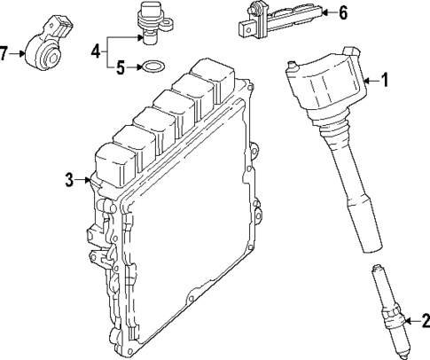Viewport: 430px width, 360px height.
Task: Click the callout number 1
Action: click(385, 81)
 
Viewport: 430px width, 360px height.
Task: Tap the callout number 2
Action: click(425, 321)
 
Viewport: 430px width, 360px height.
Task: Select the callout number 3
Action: click(69, 181)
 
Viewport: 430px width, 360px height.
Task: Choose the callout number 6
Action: click(343, 12)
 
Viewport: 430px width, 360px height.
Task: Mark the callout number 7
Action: click(4, 54)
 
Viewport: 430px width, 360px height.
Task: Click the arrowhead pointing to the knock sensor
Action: click(20, 54)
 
